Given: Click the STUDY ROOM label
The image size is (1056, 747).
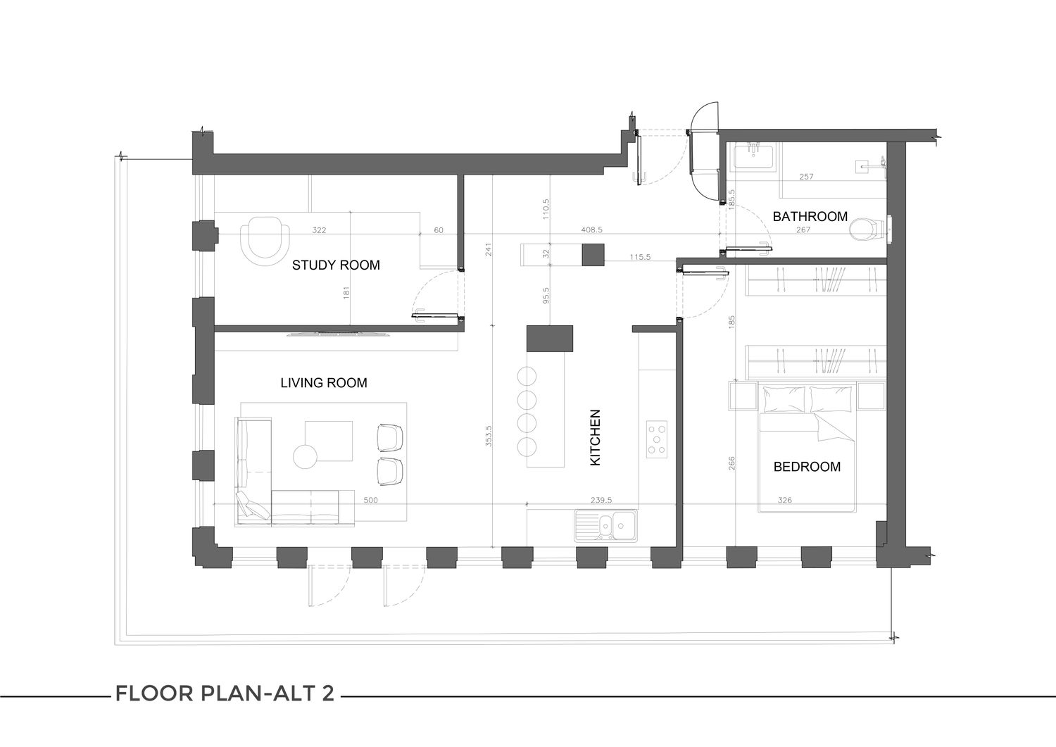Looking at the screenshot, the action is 336,265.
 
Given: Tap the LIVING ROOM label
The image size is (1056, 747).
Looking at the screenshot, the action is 324,383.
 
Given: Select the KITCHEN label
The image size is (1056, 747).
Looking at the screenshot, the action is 596,438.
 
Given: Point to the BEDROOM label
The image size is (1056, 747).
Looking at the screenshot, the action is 807,467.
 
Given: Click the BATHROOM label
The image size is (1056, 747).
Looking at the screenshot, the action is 810,216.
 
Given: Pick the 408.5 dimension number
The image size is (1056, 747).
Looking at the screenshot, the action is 591,230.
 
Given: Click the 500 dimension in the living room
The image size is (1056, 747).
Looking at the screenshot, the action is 370,501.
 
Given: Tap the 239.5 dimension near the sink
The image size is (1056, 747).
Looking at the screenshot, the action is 601,501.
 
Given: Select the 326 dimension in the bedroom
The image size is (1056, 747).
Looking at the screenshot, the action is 784,501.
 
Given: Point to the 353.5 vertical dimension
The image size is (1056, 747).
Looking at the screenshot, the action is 489,437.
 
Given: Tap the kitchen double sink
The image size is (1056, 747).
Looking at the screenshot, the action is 605,525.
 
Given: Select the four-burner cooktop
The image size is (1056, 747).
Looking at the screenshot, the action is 657,439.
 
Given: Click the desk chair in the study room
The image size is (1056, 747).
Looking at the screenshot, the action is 265,241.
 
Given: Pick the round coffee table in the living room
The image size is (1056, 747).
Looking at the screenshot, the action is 305,457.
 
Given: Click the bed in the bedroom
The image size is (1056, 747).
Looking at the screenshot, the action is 807,447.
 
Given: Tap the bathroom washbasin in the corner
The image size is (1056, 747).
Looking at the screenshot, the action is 753,157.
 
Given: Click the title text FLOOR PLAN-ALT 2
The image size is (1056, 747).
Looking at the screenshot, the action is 225,693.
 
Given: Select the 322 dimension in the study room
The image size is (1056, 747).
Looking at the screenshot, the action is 319,231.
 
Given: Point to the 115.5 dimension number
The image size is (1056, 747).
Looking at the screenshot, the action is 640,258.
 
